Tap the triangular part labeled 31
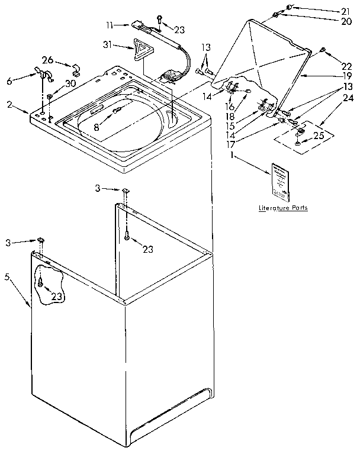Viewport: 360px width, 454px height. pyautogui.click(x=141, y=50)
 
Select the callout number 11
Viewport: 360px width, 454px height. pyautogui.click(x=110, y=25)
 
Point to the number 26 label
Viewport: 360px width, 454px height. pyautogui.click(x=47, y=59)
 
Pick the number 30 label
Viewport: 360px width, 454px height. pyautogui.click(x=70, y=83)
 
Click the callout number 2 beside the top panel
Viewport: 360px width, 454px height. pyautogui.click(x=9, y=104)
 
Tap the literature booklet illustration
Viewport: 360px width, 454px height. pyautogui.click(x=281, y=180)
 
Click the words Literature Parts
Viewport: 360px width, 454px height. pyautogui.click(x=283, y=208)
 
